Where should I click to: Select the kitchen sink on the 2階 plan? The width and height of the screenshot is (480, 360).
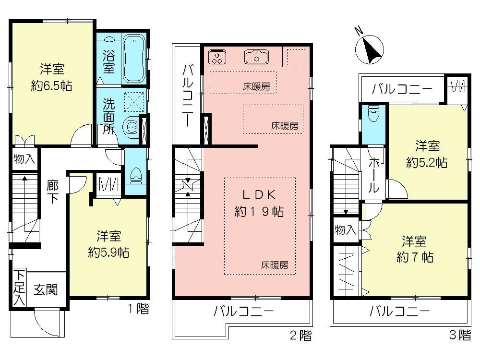[257, 57]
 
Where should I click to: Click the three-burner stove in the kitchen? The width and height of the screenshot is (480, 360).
[217, 57]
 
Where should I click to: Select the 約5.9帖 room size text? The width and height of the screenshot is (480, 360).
[108, 252]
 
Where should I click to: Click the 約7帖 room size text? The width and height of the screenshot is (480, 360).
[415, 257]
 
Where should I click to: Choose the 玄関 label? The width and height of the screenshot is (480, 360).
[46, 289]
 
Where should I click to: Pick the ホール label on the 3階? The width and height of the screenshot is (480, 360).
[374, 175]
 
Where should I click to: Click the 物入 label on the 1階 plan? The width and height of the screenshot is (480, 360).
[24, 159]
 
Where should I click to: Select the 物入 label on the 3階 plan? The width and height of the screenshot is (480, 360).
[345, 230]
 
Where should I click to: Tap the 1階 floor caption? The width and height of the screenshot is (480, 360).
[139, 309]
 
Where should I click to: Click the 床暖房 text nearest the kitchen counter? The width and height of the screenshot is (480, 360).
[256, 87]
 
